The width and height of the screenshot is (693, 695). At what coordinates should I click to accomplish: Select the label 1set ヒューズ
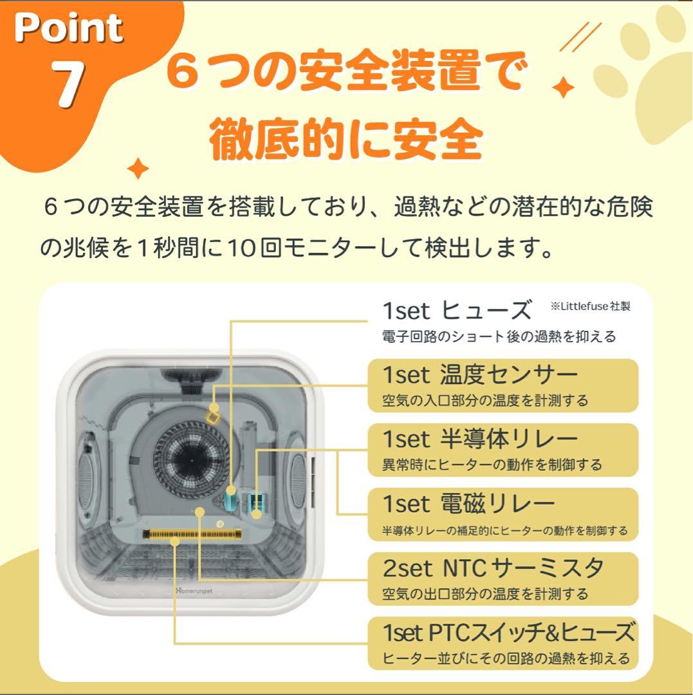point(457,311)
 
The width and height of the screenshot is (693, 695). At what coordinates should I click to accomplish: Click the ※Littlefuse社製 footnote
point(590,307)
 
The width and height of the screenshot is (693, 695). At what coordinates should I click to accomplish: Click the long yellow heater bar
point(193,535)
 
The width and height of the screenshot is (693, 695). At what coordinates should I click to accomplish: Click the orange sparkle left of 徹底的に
point(138,169)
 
